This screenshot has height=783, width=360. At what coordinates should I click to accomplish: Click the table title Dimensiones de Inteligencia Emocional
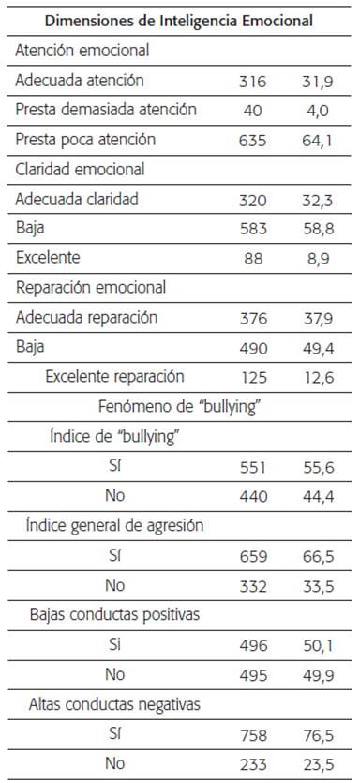[179, 21]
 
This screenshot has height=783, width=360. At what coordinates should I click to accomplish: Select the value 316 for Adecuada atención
[253, 81]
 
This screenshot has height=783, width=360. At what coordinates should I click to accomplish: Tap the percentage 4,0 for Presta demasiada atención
[318, 111]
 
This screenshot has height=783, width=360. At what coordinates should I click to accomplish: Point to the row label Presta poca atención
[85, 140]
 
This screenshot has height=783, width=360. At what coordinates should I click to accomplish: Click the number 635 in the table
[253, 141]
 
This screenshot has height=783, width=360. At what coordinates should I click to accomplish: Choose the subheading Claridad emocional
[80, 170]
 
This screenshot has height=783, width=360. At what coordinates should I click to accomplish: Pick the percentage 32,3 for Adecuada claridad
[318, 200]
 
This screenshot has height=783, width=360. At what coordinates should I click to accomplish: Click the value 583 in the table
[253, 229]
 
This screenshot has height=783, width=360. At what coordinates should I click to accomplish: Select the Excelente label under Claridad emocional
[48, 258]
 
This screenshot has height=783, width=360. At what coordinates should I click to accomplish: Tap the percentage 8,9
[318, 259]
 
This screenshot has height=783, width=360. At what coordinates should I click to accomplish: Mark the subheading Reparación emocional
[90, 288]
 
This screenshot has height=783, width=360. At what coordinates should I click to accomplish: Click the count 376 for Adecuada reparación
[253, 318]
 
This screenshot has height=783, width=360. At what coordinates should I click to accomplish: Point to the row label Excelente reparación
[114, 377]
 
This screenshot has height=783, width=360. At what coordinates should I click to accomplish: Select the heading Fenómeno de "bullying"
[180, 406]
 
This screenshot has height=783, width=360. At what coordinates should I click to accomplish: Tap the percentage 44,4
[318, 497]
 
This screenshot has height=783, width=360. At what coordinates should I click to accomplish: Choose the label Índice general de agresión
[114, 526]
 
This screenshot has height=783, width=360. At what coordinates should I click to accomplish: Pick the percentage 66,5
[318, 556]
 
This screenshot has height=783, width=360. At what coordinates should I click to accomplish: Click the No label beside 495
[114, 674]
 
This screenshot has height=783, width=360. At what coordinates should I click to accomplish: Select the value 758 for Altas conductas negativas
[253, 734]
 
